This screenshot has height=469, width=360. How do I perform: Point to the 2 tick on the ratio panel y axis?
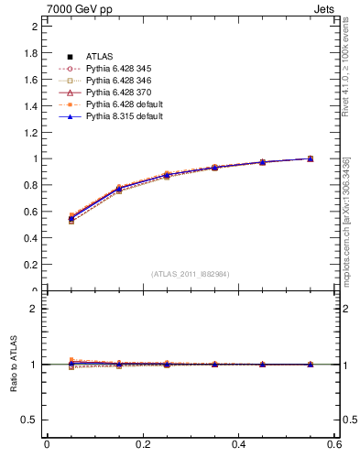click(x=37, y=309)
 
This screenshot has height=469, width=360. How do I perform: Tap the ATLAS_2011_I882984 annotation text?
click(x=191, y=273)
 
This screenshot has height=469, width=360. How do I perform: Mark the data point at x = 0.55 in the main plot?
click(x=311, y=158)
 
